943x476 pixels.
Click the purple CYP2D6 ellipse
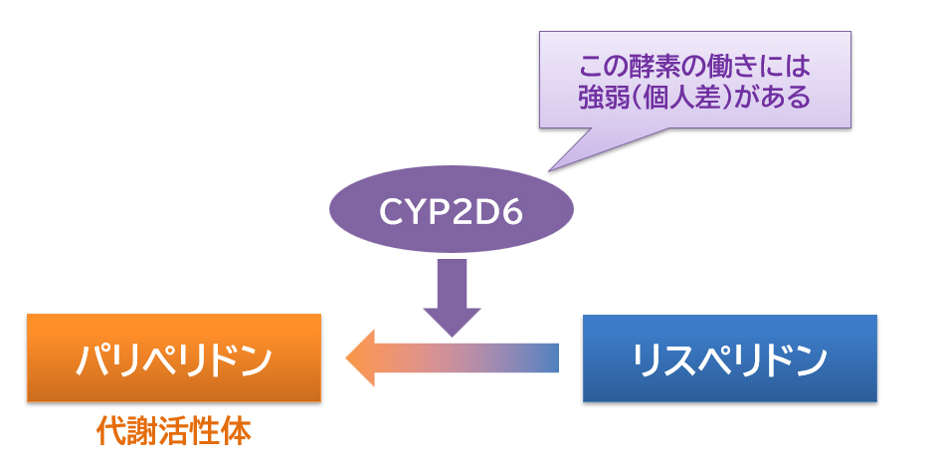[452, 212]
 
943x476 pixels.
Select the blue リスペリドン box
[729, 358]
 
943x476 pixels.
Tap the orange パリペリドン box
[174, 358]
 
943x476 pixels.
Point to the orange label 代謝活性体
[173, 431]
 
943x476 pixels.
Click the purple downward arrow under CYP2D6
[452, 295]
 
